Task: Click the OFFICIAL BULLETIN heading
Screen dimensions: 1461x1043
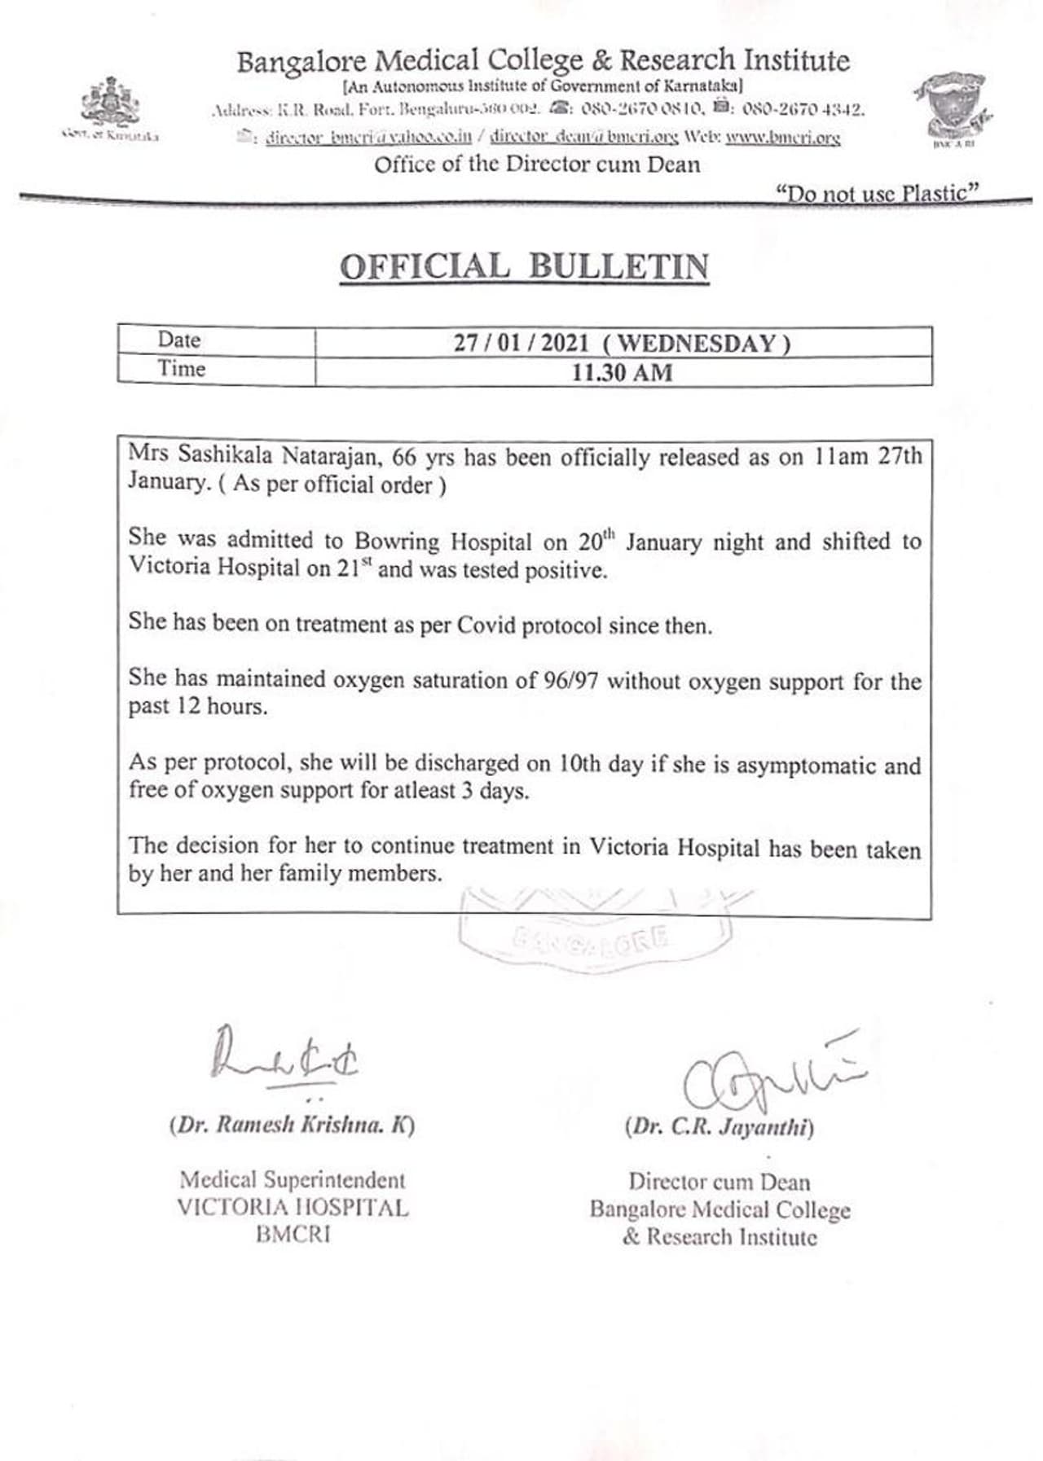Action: tap(524, 267)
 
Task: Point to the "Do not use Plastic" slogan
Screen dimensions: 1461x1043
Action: tap(877, 193)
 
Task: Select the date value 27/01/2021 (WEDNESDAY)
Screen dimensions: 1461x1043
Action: tap(622, 343)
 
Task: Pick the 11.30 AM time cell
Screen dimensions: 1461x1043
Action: tap(622, 372)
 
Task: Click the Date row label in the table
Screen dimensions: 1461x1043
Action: tap(179, 340)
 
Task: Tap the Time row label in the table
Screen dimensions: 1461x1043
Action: tap(182, 368)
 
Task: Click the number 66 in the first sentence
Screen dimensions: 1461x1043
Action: tap(404, 457)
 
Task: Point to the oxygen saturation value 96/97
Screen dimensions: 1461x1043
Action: tap(570, 681)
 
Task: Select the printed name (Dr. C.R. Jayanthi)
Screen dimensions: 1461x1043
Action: tap(720, 1127)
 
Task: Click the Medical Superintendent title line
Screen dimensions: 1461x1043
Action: tap(292, 1179)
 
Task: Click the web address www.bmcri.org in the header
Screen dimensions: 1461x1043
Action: tap(782, 138)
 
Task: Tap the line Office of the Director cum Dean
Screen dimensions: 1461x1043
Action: tap(537, 165)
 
